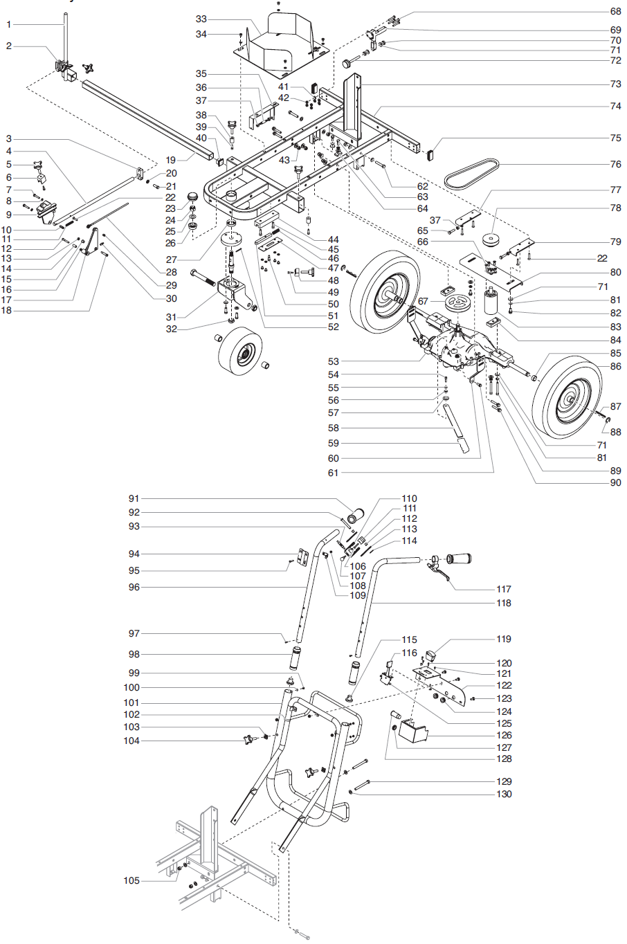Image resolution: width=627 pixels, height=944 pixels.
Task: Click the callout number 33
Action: (201, 19)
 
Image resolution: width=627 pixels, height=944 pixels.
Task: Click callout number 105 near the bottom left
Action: (131, 880)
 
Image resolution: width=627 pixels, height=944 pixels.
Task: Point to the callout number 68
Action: (615, 12)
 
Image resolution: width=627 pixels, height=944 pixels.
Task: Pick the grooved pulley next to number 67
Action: (456, 302)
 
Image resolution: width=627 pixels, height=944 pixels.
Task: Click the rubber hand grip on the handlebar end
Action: (459, 558)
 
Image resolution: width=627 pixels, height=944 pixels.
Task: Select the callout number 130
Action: (505, 794)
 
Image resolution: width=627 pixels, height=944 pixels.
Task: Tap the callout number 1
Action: (9, 25)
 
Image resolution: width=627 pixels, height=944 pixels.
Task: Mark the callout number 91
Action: (134, 498)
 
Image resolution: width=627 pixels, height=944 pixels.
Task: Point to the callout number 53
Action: (334, 361)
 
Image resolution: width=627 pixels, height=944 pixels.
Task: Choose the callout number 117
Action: (504, 589)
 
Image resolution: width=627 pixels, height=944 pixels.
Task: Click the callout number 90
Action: (615, 482)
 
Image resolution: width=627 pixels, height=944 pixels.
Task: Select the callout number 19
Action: (171, 160)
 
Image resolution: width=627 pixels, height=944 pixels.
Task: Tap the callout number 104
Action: (131, 741)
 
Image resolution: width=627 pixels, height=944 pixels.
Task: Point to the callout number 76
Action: (615, 164)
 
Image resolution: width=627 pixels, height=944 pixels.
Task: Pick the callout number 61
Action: (334, 473)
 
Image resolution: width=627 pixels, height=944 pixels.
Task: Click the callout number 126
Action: (505, 735)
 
